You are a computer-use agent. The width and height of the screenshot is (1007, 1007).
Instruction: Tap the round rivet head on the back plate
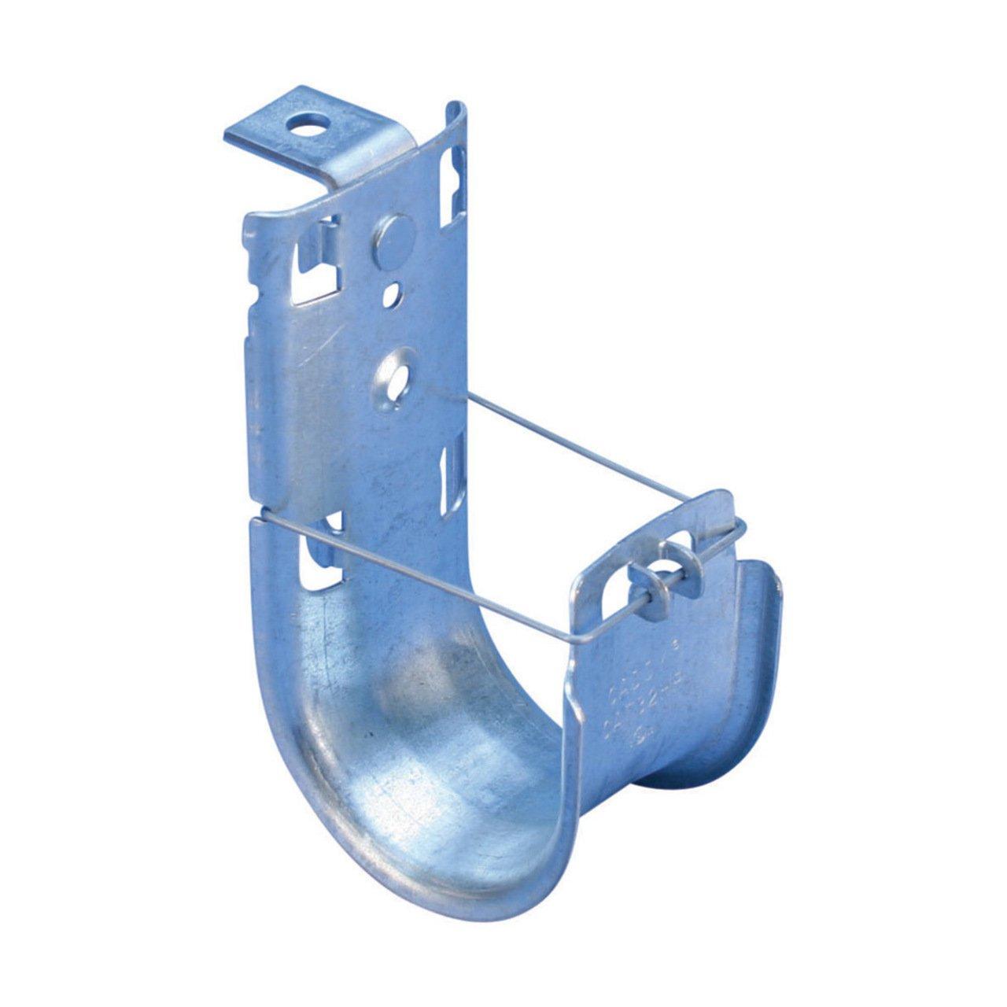(x=391, y=241)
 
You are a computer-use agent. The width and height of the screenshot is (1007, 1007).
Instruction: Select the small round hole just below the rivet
(x=392, y=297)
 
